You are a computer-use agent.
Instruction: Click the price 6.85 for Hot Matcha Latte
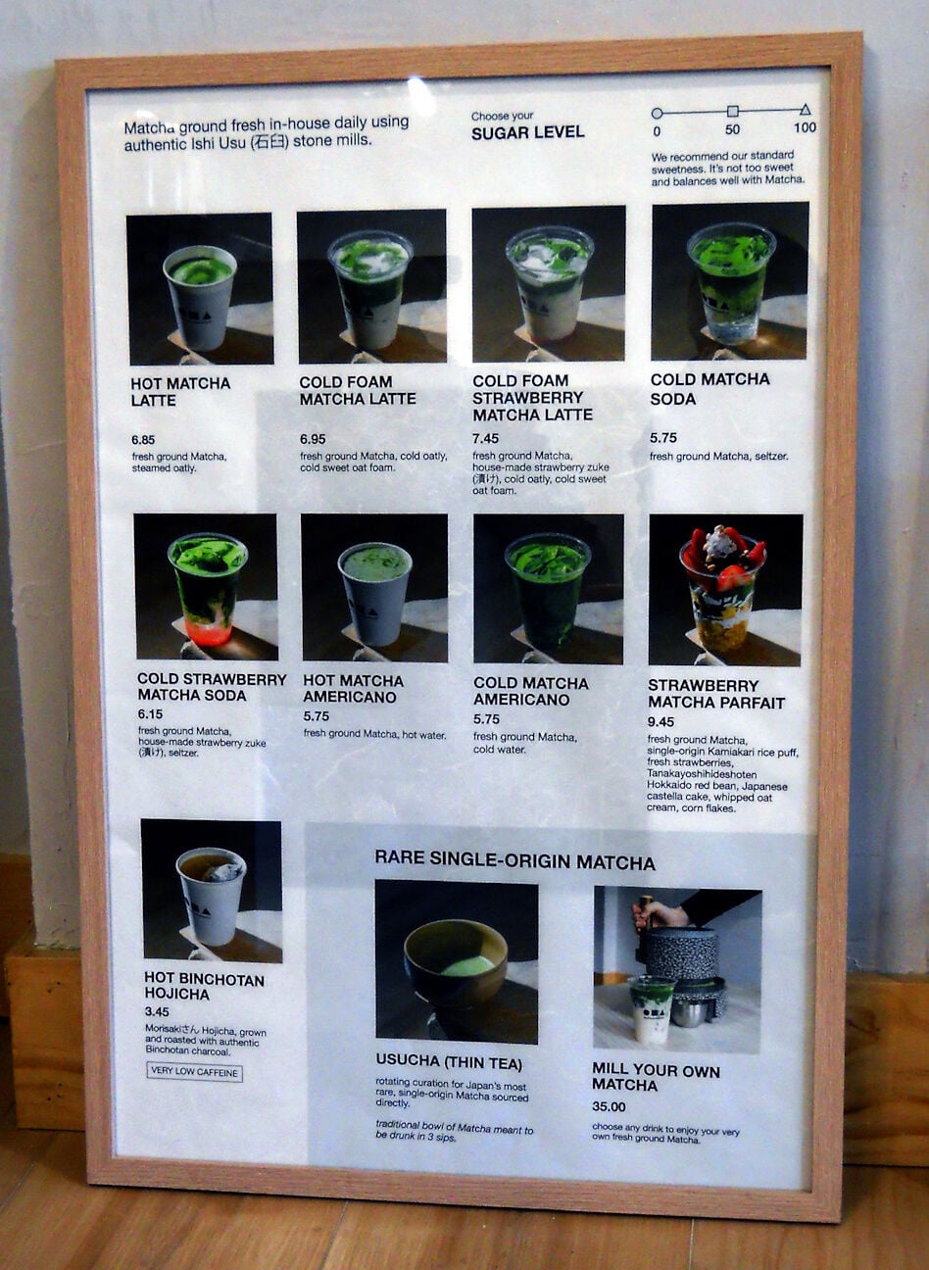pos(144,441)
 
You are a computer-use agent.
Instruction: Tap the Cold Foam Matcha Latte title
pos(358,390)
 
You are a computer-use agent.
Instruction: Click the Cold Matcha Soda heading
pos(709,388)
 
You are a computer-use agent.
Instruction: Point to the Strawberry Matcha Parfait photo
pos(724,589)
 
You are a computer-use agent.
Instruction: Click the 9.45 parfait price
pos(660,722)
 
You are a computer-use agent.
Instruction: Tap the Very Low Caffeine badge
pos(195,1072)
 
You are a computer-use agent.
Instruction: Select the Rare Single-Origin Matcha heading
pos(514,862)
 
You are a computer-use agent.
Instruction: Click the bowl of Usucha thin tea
pos(456,963)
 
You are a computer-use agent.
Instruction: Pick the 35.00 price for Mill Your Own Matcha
pos(609,1107)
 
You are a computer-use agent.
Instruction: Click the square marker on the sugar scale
pos(732,112)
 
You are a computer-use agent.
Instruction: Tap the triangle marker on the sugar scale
pos(805,111)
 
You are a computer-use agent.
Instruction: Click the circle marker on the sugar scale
pos(657,113)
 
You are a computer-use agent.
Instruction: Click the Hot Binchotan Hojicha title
pos(204,986)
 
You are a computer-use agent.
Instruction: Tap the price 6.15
pos(150,714)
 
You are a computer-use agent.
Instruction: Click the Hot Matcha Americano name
pos(353,689)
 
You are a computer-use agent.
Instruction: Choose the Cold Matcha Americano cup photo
pos(547,588)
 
